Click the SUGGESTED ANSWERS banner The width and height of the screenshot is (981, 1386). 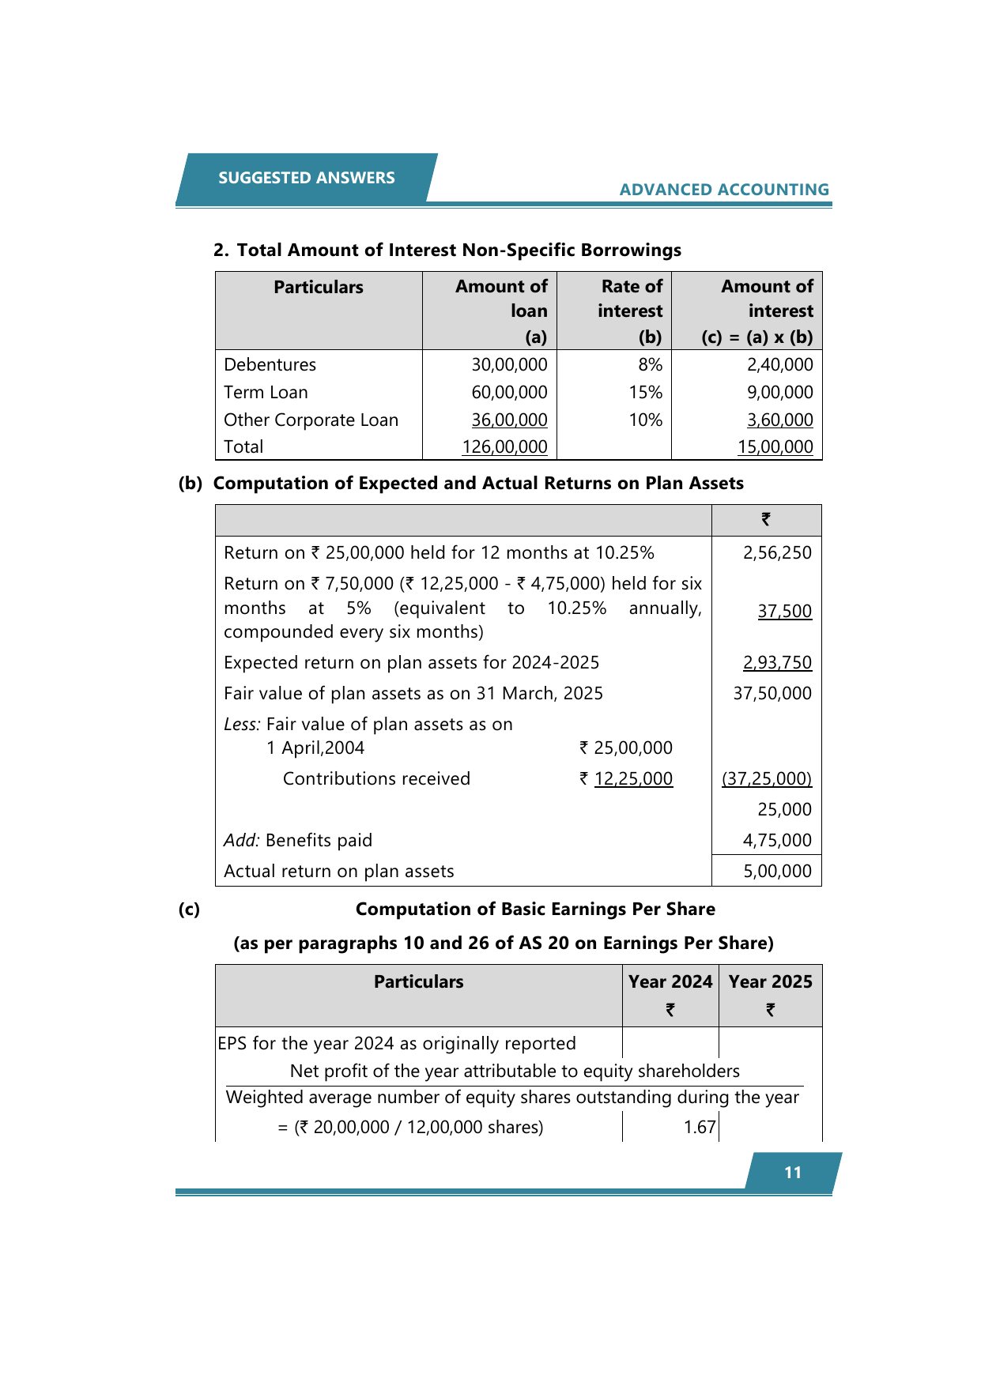(307, 178)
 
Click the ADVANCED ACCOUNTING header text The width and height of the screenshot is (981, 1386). (724, 190)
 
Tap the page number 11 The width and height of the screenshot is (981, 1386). (793, 1173)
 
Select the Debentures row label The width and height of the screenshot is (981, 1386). (270, 364)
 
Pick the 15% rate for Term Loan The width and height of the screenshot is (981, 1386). (645, 392)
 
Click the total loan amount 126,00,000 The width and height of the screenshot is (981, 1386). (504, 446)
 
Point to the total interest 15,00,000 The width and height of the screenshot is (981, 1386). (775, 446)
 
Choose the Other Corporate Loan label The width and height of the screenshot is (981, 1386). (311, 420)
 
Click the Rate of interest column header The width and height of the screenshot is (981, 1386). (630, 299)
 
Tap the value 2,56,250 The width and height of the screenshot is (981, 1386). (777, 552)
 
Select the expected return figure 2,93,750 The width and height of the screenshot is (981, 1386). (777, 662)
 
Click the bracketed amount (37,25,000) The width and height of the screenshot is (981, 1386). (766, 778)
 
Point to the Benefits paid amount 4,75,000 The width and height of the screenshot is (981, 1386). (777, 840)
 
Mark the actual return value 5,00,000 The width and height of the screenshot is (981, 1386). (777, 871)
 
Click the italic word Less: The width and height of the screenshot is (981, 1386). (242, 724)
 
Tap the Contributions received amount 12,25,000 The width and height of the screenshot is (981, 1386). (633, 778)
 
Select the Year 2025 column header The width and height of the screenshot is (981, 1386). (770, 981)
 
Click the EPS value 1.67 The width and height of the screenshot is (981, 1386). (700, 1127)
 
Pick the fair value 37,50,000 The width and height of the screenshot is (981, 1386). (772, 693)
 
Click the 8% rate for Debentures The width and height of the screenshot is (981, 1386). (650, 364)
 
